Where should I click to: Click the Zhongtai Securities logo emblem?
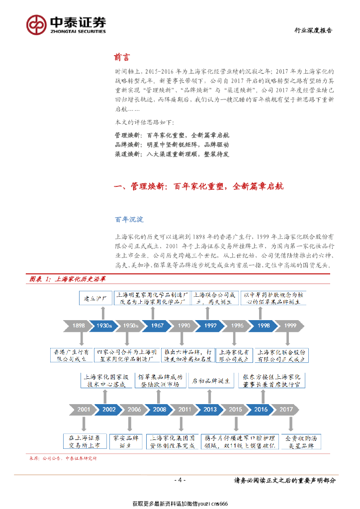coord(36,23)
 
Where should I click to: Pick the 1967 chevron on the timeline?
coord(158,326)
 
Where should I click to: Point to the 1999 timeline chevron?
coord(290,326)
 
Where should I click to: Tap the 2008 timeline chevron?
coord(159,410)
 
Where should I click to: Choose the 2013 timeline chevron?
coord(209,410)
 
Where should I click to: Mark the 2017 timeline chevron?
coord(286,410)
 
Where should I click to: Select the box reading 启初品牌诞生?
coord(211,381)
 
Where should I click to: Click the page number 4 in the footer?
coord(180,480)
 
